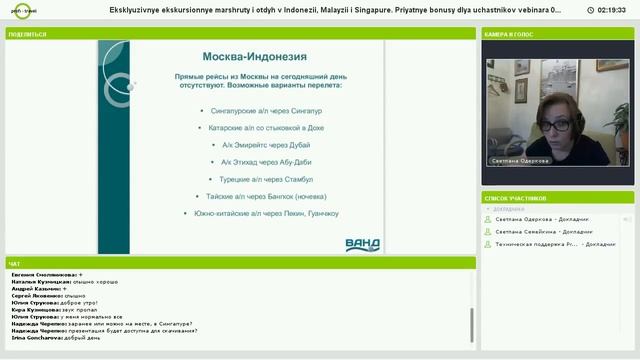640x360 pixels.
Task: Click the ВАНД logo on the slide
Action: (361, 243)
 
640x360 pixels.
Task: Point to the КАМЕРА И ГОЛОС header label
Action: (510, 33)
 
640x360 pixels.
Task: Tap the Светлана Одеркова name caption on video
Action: (520, 160)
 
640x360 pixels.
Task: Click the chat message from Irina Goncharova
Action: (55, 338)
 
